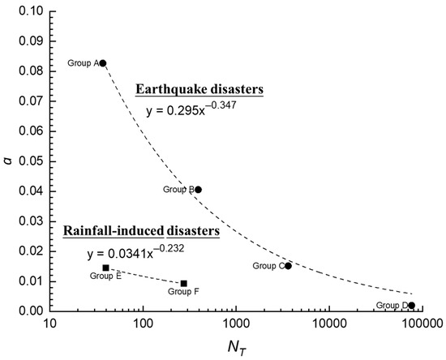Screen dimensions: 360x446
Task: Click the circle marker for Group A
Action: pyautogui.click(x=103, y=63)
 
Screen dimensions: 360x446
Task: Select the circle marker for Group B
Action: pyautogui.click(x=198, y=190)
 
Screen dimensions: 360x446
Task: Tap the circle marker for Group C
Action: pyautogui.click(x=288, y=266)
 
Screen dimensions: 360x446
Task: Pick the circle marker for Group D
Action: pyautogui.click(x=412, y=306)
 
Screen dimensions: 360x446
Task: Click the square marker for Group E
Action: pyautogui.click(x=105, y=268)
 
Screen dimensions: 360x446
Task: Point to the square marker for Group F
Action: pyautogui.click(x=184, y=283)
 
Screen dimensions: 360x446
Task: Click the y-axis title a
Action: pyautogui.click(x=8, y=161)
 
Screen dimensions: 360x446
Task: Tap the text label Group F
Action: pyautogui.click(x=184, y=292)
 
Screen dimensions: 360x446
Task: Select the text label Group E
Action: pyautogui.click(x=105, y=276)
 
